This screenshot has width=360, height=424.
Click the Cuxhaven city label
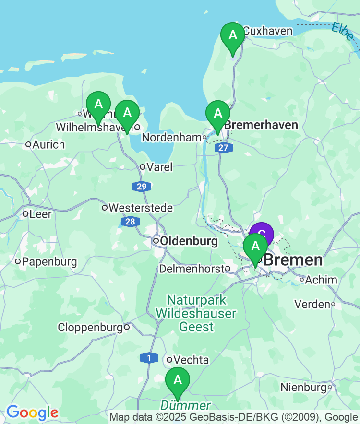(x=267, y=31)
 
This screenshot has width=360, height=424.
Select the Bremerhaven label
(x=261, y=125)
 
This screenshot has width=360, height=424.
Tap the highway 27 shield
(x=223, y=148)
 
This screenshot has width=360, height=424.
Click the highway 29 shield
(x=141, y=187)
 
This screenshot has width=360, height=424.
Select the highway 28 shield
(x=129, y=222)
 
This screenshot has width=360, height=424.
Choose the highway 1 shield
(x=149, y=358)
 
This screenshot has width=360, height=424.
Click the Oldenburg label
(x=189, y=241)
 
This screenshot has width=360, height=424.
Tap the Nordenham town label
(x=171, y=138)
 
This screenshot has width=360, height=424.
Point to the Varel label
(x=159, y=167)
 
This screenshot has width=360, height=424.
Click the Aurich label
(x=48, y=144)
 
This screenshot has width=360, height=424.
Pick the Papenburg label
(x=49, y=262)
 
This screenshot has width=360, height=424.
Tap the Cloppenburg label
(x=90, y=328)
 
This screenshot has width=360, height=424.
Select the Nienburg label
(x=303, y=388)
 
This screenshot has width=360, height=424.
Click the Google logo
(x=32, y=412)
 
